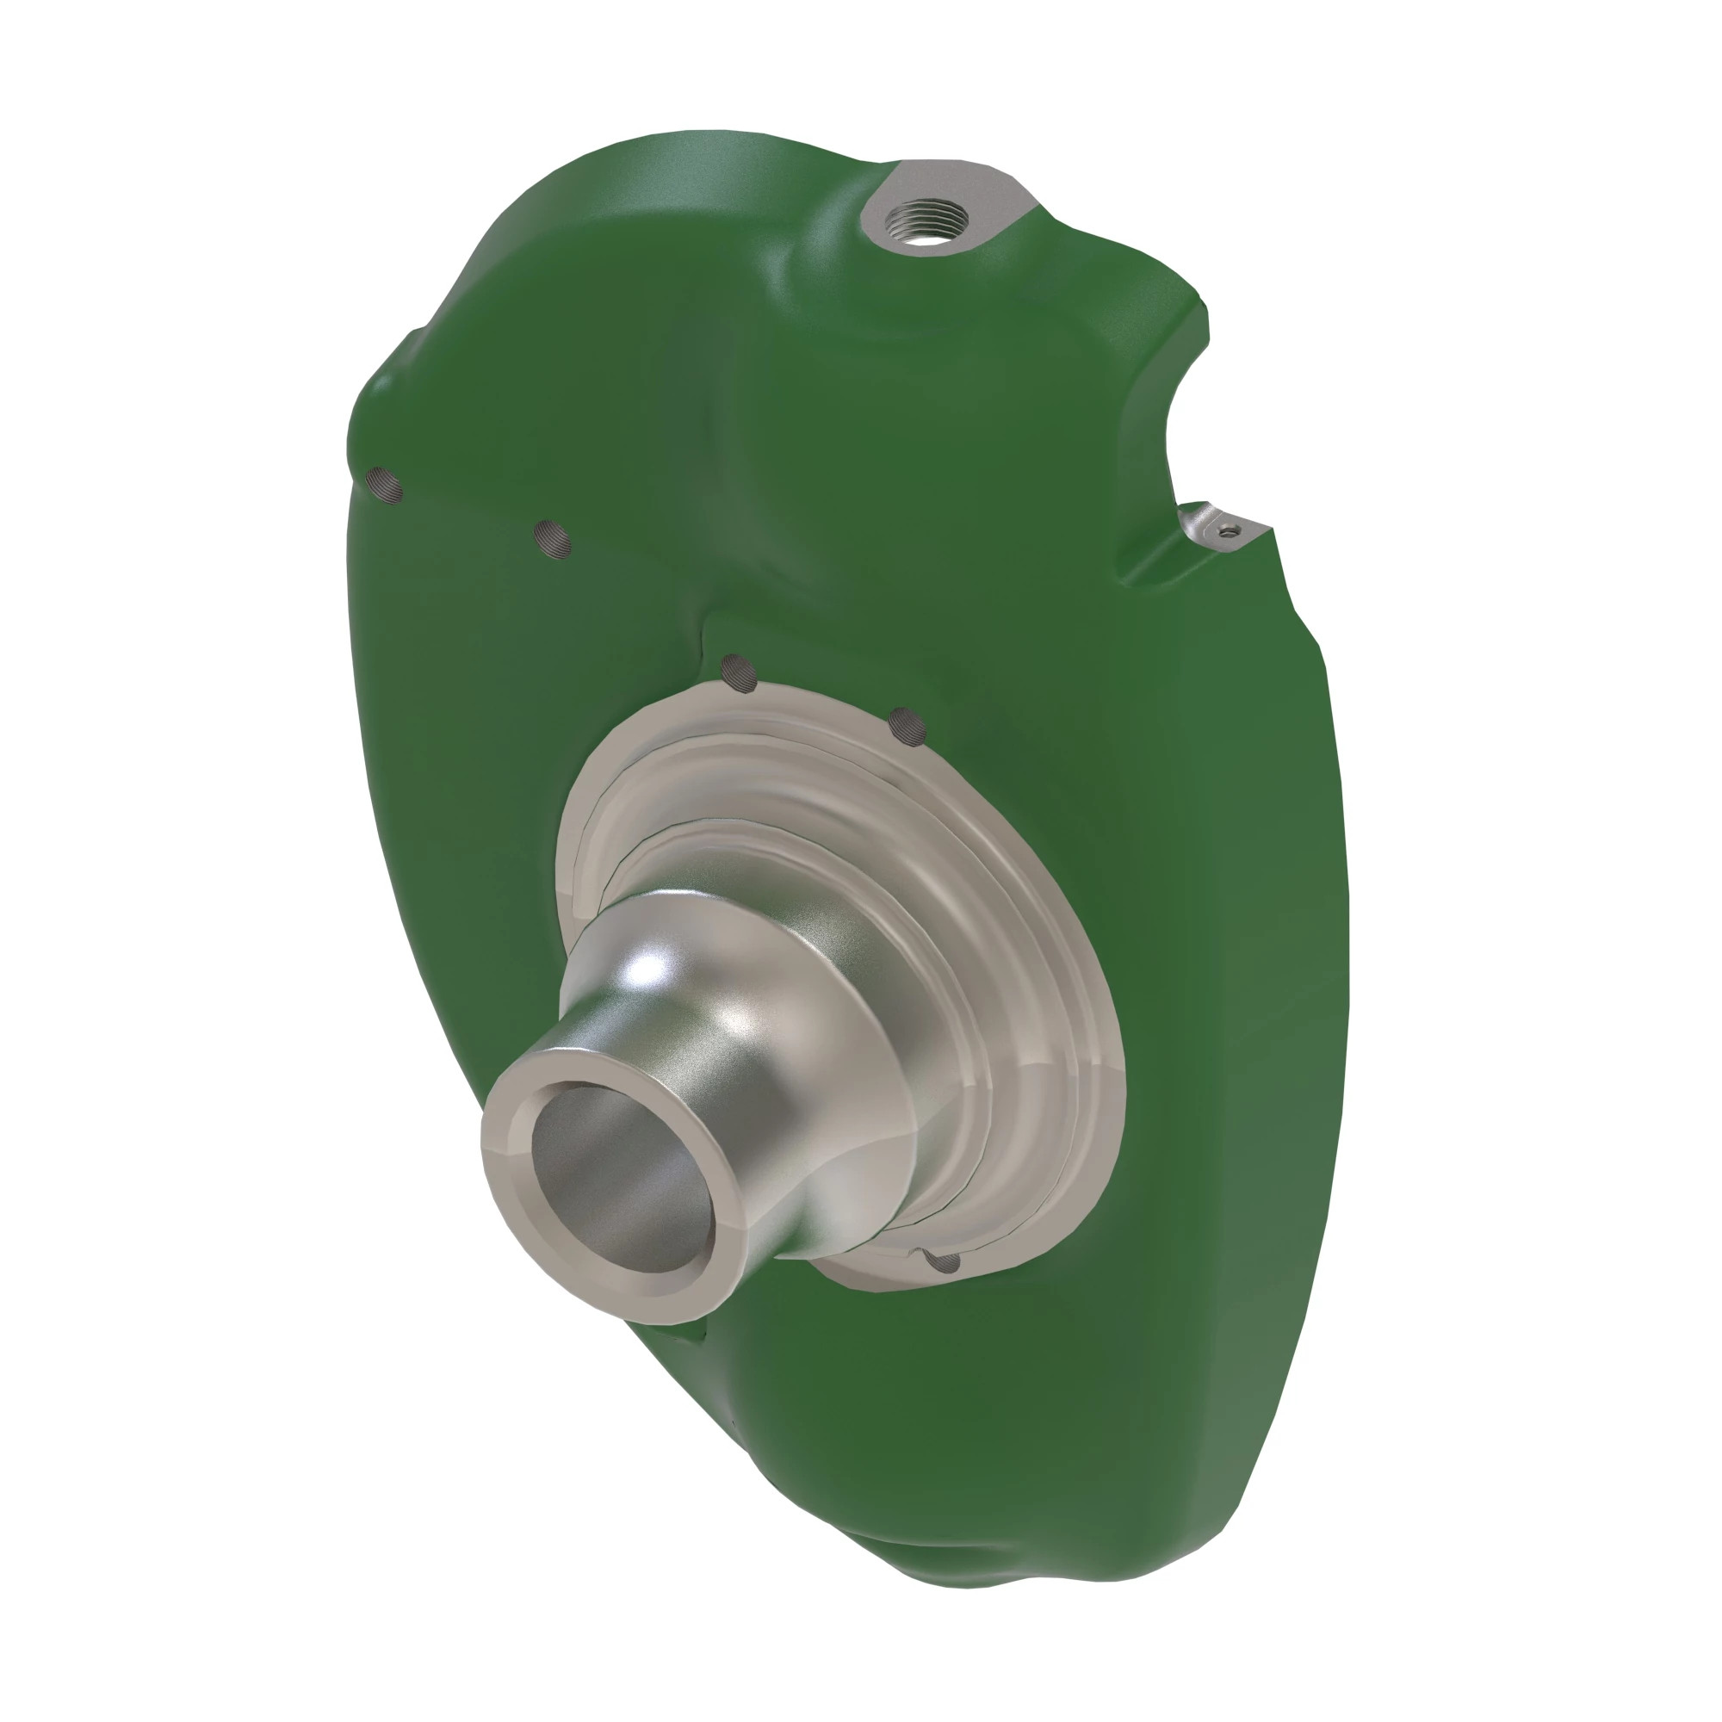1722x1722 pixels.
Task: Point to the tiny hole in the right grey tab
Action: (1231, 532)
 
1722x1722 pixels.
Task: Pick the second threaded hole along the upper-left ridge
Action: (553, 538)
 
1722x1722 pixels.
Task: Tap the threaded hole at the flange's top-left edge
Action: (739, 674)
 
